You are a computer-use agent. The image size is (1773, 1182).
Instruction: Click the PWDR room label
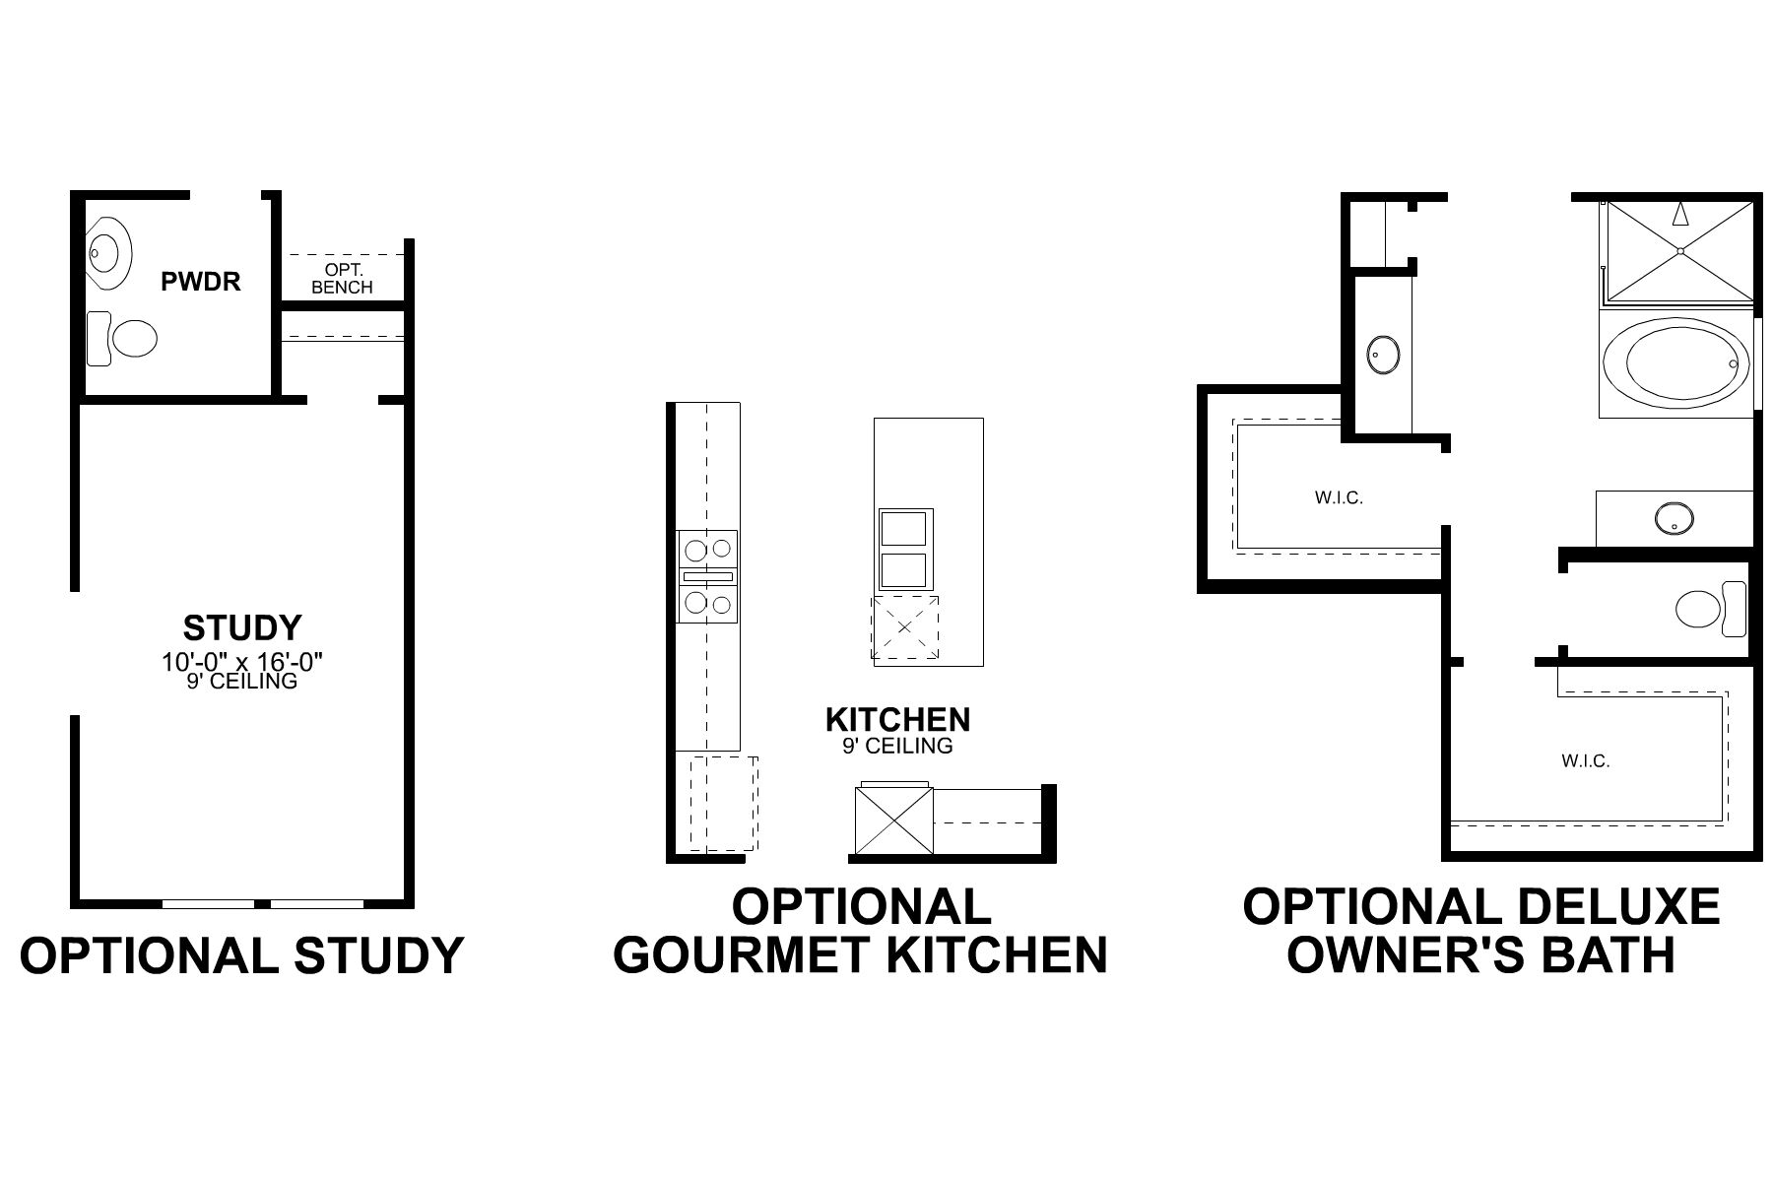point(200,281)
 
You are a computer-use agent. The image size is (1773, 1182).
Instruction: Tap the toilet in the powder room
point(124,340)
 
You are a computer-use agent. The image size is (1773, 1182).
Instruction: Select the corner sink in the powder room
point(108,252)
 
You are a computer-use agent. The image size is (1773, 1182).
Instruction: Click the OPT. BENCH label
point(342,278)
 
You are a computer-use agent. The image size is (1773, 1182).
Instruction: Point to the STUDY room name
point(241,627)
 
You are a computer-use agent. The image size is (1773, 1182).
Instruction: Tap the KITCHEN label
point(897,719)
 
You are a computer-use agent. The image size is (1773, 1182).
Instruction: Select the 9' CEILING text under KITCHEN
point(897,746)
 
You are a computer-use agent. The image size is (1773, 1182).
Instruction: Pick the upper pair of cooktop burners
point(707,549)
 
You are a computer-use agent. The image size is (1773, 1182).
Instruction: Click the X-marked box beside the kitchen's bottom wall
point(892,821)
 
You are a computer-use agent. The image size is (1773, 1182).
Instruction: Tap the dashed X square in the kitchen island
point(904,627)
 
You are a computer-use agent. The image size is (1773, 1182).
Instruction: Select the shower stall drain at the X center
point(1680,251)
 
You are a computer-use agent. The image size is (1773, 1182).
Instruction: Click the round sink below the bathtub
point(1674,517)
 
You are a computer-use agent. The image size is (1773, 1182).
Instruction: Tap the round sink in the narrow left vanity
point(1383,355)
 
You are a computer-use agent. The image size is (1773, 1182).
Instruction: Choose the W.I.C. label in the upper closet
point(1339,497)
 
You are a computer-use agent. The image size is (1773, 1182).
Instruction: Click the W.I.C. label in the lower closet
point(1585,760)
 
